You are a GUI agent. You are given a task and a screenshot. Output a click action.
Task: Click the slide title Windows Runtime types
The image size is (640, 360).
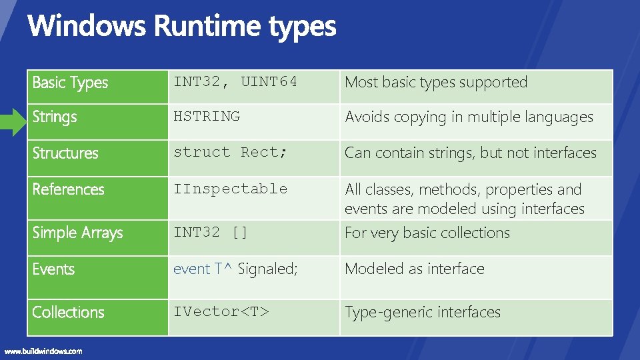click(182, 27)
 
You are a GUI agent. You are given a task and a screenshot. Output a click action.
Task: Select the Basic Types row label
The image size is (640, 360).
click(70, 83)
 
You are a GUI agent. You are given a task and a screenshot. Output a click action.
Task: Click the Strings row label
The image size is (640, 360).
click(55, 117)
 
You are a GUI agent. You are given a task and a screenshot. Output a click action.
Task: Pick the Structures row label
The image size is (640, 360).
click(65, 153)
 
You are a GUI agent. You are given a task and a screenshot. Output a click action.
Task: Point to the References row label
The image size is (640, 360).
click(69, 189)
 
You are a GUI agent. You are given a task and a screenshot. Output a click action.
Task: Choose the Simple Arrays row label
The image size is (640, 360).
click(78, 233)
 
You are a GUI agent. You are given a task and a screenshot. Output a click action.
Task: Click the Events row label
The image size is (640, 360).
click(53, 269)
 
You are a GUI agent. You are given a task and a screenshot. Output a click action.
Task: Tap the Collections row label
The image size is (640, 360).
click(69, 312)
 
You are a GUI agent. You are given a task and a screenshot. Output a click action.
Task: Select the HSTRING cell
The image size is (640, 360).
click(207, 116)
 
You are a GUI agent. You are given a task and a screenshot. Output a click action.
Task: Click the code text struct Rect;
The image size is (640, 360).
click(231, 152)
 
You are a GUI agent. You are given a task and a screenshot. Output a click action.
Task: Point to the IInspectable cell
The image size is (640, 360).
click(231, 189)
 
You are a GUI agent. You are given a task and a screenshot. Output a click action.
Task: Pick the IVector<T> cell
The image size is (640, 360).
click(221, 311)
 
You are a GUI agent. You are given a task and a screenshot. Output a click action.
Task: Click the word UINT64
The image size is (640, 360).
click(269, 82)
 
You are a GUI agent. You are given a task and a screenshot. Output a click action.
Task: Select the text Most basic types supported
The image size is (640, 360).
click(436, 83)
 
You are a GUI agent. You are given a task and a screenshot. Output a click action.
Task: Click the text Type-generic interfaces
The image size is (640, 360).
click(423, 312)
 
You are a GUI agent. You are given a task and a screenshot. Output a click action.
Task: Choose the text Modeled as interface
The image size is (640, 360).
click(415, 269)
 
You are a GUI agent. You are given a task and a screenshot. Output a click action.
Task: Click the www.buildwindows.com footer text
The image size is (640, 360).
click(44, 351)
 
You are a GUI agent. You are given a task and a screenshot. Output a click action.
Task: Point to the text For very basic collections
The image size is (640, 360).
click(427, 233)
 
